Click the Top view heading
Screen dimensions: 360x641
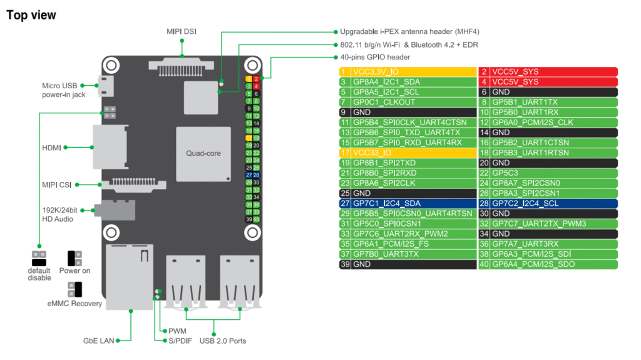point(31,14)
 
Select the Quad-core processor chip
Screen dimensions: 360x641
point(203,153)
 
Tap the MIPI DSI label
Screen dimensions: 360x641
point(182,31)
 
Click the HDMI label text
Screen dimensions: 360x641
point(51,148)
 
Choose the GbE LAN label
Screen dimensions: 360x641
point(98,341)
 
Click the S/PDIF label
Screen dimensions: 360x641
point(181,341)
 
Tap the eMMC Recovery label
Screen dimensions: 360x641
point(74,304)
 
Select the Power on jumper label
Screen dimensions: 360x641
point(74,271)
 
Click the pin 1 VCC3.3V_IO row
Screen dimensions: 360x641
point(408,72)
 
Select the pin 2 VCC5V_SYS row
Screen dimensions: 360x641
point(548,72)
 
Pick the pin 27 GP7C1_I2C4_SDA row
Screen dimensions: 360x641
point(408,203)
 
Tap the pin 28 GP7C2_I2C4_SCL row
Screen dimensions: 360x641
point(548,203)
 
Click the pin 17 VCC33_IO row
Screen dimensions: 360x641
point(408,153)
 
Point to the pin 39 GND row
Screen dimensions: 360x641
point(408,264)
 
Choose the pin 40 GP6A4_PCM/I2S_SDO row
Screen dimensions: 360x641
point(548,264)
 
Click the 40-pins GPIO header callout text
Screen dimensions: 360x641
point(375,57)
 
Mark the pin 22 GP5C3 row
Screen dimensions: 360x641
point(548,173)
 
